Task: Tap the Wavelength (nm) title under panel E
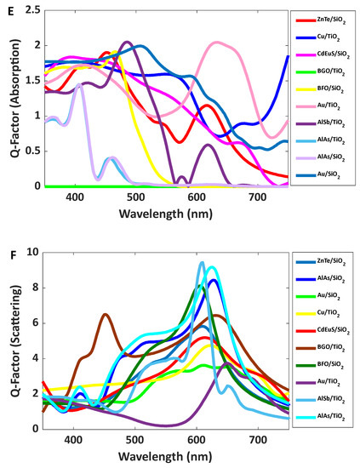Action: coord(164,212)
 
